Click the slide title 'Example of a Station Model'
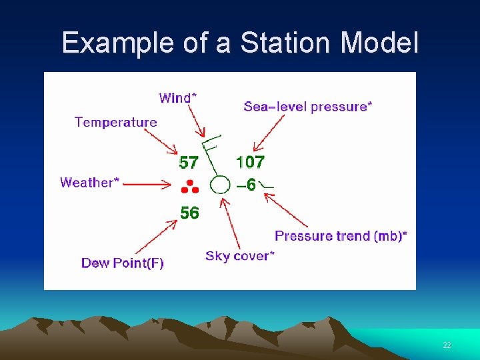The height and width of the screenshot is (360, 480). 240,43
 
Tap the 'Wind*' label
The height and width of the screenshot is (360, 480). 177,98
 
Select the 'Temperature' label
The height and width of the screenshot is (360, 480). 116,122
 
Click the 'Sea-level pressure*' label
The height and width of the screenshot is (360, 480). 308,106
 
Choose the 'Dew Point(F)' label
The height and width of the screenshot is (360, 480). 123,263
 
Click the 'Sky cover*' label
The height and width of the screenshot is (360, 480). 240,256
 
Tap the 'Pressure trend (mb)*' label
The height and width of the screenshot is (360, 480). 341,235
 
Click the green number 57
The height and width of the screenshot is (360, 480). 189,162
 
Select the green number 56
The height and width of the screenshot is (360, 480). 189,213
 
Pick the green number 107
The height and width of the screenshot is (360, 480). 250,161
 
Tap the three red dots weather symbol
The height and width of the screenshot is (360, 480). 189,187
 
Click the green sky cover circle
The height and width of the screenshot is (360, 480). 220,185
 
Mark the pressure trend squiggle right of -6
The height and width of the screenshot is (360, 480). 267,185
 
